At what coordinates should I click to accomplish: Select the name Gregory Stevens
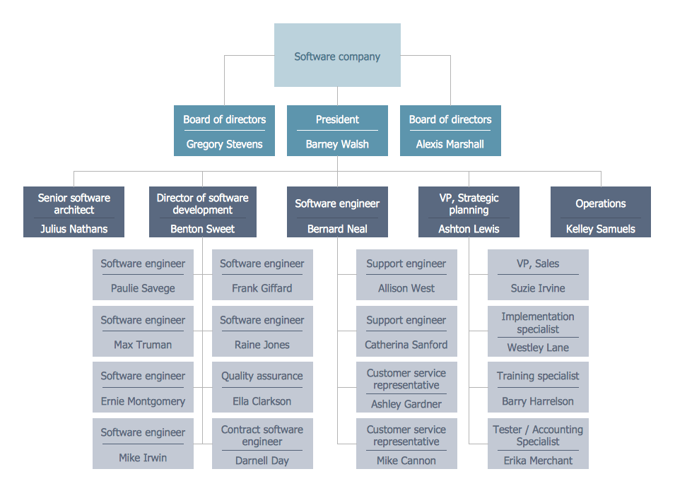(224, 144)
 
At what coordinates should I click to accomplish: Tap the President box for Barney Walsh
(337, 131)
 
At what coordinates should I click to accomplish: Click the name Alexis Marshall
(450, 144)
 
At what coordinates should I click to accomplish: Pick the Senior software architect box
(74, 211)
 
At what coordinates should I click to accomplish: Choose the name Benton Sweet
(202, 229)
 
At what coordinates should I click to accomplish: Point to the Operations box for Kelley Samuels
(600, 211)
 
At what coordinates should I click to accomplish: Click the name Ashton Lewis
(469, 229)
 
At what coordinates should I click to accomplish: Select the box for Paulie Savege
(143, 275)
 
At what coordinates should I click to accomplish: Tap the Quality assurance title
(262, 376)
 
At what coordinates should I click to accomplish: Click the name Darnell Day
(262, 461)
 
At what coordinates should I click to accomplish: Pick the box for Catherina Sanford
(406, 331)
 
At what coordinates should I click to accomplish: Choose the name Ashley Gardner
(406, 404)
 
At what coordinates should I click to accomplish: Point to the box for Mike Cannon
(406, 444)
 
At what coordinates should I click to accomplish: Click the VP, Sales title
(537, 263)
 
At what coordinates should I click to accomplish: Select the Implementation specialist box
(537, 331)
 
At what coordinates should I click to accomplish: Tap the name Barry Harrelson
(537, 401)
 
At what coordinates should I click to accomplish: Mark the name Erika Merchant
(537, 461)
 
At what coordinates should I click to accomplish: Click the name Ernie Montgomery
(143, 401)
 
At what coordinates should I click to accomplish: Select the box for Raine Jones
(262, 331)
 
